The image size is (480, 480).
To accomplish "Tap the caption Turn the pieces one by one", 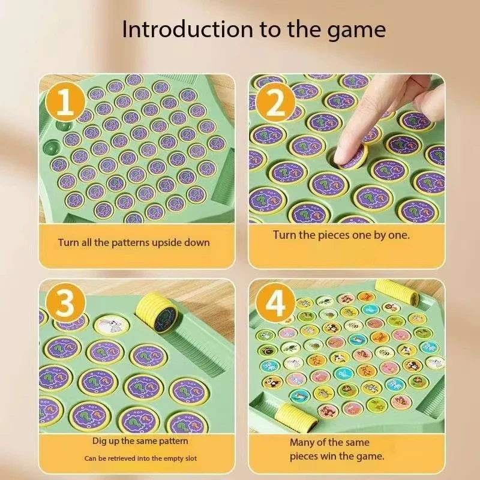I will (x=341, y=235).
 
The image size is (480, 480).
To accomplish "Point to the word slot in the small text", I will (x=188, y=458).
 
